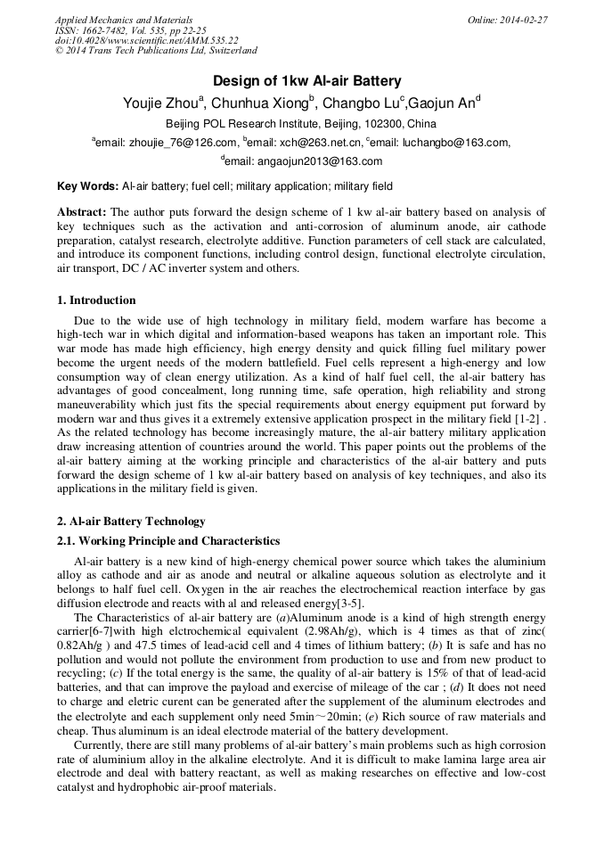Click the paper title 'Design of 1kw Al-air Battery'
click(x=301, y=81)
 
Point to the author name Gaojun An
click(x=443, y=103)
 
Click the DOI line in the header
click(x=146, y=40)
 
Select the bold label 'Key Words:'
click(x=87, y=186)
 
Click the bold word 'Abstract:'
click(x=82, y=212)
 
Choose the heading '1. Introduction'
click(x=96, y=300)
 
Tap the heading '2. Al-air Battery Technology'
click(x=131, y=522)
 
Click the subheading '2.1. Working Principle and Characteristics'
click(x=168, y=541)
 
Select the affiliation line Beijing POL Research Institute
click(x=301, y=123)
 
